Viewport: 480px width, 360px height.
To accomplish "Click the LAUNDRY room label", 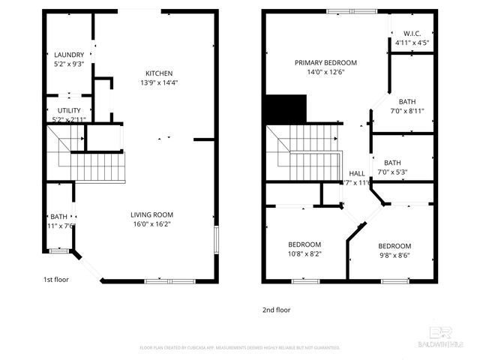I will (69, 55).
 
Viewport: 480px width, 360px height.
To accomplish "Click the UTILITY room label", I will (69, 110).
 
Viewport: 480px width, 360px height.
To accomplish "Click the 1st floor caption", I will (56, 279).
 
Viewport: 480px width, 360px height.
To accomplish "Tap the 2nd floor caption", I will (275, 309).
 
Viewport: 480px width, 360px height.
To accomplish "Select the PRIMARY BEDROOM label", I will (325, 63).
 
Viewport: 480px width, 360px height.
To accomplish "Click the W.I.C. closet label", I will (412, 34).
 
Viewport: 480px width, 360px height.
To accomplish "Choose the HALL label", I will (357, 173).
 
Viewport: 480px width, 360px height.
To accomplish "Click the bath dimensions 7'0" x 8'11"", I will (406, 111).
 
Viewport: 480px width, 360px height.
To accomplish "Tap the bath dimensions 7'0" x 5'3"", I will (391, 172).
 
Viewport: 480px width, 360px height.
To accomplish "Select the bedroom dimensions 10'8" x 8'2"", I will (304, 254).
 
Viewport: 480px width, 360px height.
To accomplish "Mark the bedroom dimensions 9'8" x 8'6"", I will (394, 255).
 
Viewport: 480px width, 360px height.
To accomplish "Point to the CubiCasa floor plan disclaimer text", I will (240, 348).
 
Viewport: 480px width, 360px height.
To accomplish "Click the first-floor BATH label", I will (58, 217).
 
